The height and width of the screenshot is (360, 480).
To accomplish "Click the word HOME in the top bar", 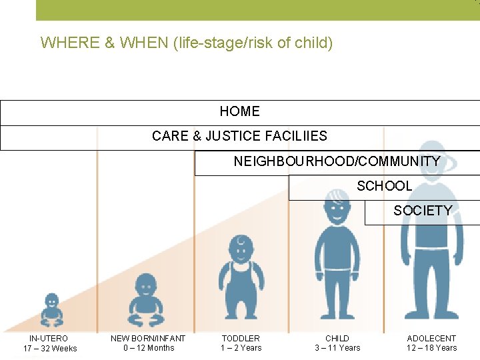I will pos(239,111).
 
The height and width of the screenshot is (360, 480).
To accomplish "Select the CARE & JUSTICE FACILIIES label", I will pos(239,136).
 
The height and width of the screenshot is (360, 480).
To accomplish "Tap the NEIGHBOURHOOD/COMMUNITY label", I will pos(337,161).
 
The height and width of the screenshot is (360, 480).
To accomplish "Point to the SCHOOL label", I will pos(384,186).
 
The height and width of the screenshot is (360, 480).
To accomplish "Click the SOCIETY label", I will pos(423,211).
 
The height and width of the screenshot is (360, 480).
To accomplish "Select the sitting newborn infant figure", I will pos(145,296).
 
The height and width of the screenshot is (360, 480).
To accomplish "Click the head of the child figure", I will pos(337,200).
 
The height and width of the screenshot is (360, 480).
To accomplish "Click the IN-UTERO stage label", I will pos(49,339).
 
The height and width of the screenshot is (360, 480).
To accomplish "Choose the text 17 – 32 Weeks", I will pos(50,349).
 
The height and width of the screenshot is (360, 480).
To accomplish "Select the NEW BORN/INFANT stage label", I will pos(148,339).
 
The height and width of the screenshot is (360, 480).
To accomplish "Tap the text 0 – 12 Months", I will pos(148,348).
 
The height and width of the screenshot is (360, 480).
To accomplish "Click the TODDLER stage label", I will pos(241,339).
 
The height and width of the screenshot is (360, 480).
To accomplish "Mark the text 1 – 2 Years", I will pos(241,348).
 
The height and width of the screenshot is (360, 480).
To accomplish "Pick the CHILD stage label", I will pos(337,339).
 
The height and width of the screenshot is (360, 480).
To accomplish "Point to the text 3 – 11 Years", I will pos(337,348).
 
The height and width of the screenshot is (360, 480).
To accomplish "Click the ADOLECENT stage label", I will pos(432,339).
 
